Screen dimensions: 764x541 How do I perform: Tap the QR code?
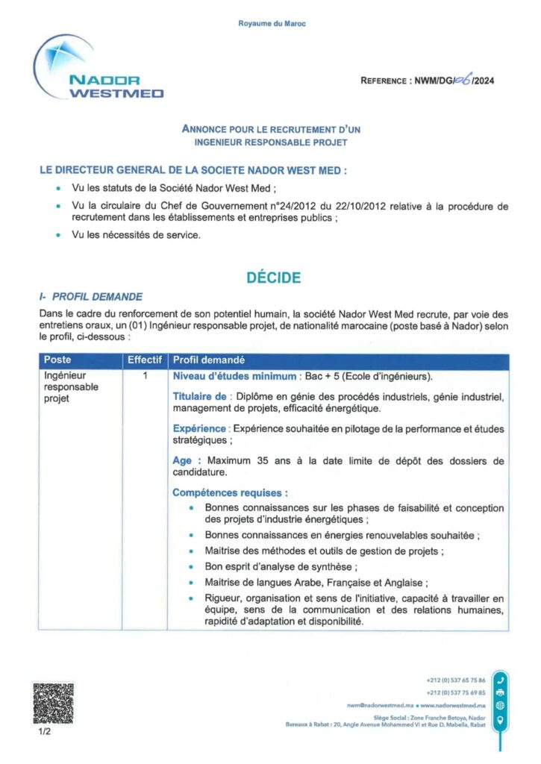tap(53, 703)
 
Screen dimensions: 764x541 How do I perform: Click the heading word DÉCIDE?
tap(274, 278)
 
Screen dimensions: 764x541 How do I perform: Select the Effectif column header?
tap(145, 360)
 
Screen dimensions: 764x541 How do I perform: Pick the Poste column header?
tap(57, 360)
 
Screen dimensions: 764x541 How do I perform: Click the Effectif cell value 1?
tap(145, 376)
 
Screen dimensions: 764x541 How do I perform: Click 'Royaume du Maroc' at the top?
tap(272, 24)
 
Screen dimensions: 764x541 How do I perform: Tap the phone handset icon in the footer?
tap(500, 680)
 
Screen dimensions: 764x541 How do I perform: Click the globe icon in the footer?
tap(500, 705)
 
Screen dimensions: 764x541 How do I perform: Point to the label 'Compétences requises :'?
tap(230, 493)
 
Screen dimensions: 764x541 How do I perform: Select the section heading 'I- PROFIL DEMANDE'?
tap(91, 296)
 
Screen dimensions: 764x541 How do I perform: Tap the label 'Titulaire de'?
tap(198, 396)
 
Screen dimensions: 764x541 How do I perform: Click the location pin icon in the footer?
tap(500, 719)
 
